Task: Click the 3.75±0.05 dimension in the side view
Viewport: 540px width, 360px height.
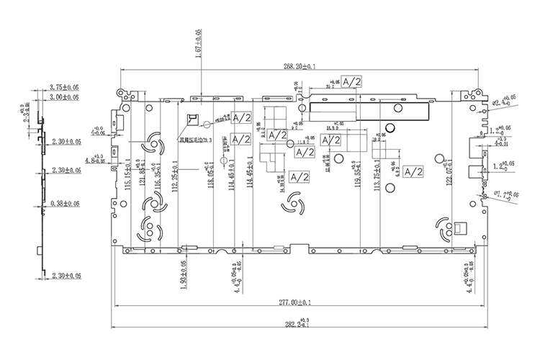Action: pyautogui.click(x=64, y=87)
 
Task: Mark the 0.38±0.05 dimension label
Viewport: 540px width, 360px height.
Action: pyautogui.click(x=66, y=204)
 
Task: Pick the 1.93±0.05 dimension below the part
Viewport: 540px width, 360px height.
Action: pyautogui.click(x=184, y=274)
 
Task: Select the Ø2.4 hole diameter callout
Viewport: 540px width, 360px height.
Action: pyautogui.click(x=500, y=101)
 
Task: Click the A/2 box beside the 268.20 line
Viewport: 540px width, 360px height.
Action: pyautogui.click(x=351, y=81)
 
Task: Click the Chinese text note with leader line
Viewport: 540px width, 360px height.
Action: pyautogui.click(x=195, y=141)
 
